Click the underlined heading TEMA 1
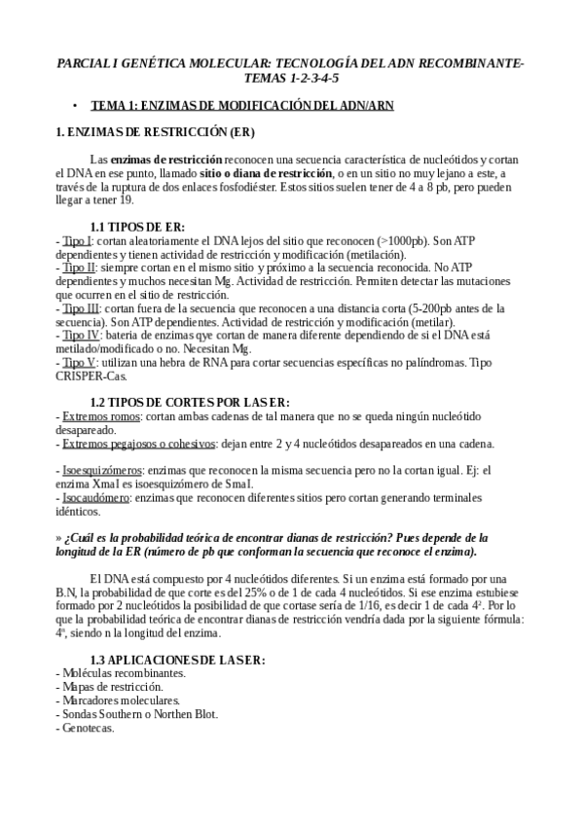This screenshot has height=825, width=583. click(242, 105)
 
